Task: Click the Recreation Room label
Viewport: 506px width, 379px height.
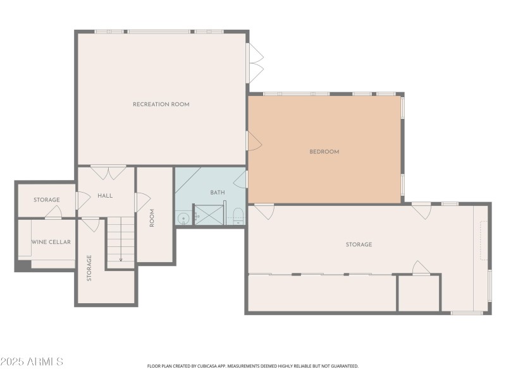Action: click(x=161, y=104)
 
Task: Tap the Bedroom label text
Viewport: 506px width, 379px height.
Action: click(x=324, y=152)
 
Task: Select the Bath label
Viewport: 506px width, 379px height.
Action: click(x=218, y=193)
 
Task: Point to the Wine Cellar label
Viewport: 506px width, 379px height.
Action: click(x=51, y=242)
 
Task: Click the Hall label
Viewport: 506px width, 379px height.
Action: click(x=105, y=196)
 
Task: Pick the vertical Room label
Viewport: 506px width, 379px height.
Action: click(x=152, y=218)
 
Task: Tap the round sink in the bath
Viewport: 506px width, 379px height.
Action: click(x=183, y=219)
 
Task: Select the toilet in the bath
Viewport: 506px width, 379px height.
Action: click(x=238, y=216)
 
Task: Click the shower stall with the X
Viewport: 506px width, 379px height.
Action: click(x=209, y=215)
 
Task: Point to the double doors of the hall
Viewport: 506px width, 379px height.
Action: click(x=108, y=172)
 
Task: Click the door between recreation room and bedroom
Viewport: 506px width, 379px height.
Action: click(x=254, y=140)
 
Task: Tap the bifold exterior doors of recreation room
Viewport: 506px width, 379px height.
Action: click(x=255, y=63)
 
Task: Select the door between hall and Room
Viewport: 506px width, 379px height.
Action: click(x=142, y=202)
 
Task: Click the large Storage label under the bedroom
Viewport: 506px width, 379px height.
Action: click(x=359, y=244)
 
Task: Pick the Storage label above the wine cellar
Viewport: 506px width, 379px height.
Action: click(x=47, y=200)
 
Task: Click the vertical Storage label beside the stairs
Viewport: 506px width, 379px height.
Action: click(x=89, y=268)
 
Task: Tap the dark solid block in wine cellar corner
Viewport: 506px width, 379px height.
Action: click(x=23, y=265)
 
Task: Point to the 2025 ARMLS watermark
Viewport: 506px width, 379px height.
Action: click(x=32, y=361)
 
